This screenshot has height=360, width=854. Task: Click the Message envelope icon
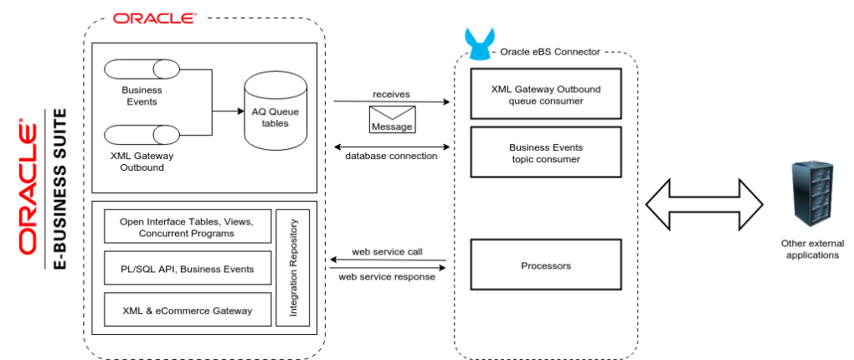coord(392,119)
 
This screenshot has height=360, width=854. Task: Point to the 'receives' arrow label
coord(391,94)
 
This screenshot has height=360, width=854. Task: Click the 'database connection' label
coord(391,156)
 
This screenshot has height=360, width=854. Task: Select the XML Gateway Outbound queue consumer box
coord(546,95)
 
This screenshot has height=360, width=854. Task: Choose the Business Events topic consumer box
coord(546,152)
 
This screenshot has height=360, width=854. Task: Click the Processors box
coord(546,265)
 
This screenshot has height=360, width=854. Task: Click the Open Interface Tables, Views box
coord(188,227)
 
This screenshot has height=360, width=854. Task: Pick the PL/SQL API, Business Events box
coord(188,269)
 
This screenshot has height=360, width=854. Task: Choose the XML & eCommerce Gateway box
coord(188,310)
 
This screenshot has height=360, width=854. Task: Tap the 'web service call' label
coord(386,251)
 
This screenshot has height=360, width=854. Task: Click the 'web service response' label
coord(386,277)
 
